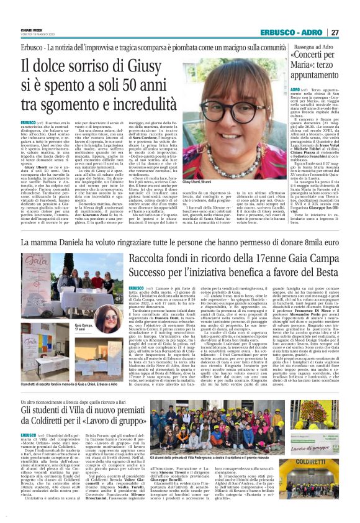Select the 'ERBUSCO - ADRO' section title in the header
point(294,32)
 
